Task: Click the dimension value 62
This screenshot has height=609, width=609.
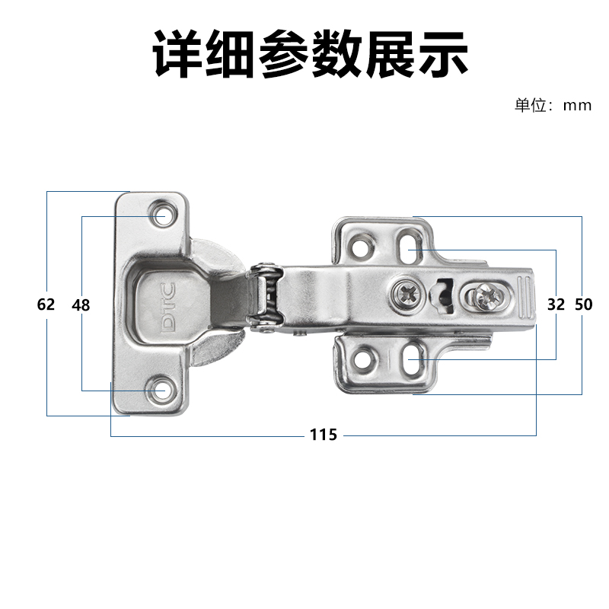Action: coord(46,304)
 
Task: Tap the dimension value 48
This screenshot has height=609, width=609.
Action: coord(81,305)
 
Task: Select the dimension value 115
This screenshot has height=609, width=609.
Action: coord(324,435)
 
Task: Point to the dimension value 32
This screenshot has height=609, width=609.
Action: coord(556,304)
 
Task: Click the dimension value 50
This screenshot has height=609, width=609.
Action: coord(583,304)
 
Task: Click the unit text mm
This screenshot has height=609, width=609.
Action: coord(577,106)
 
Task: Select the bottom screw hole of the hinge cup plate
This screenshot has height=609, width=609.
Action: coord(161,391)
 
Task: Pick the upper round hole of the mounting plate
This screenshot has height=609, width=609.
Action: coord(361,247)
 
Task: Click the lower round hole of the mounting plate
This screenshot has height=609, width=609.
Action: coord(363,354)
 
